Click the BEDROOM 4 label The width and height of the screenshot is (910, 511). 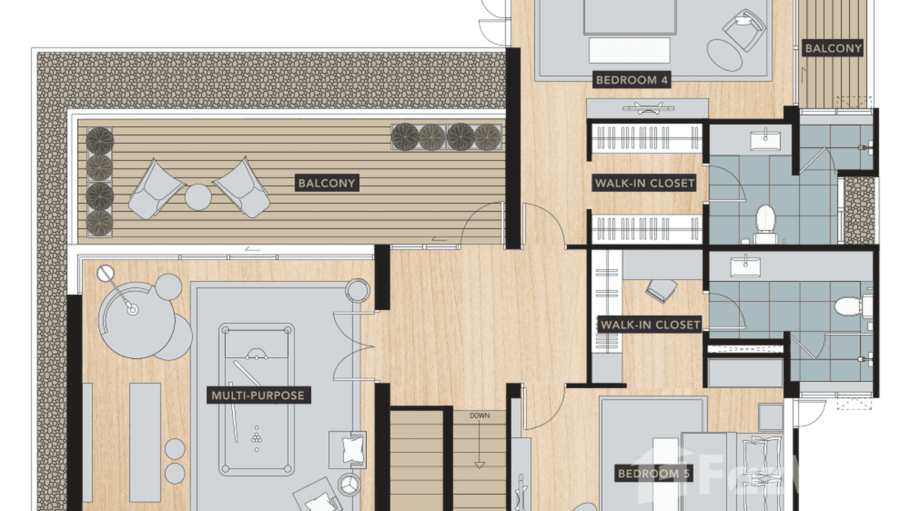click(631, 80)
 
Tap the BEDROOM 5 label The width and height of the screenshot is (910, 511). click(653, 473)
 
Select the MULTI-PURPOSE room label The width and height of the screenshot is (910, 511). click(258, 395)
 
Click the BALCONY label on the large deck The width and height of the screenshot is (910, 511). click(327, 183)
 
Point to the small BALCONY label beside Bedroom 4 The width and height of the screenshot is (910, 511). click(833, 49)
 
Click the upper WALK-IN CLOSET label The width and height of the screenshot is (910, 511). click(644, 183)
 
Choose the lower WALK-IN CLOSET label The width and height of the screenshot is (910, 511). click(650, 325)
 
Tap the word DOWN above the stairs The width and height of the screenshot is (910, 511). click(479, 415)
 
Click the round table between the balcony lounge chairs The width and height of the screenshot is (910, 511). click(198, 197)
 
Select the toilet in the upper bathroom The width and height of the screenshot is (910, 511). click(766, 224)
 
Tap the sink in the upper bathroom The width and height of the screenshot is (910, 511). click(766, 140)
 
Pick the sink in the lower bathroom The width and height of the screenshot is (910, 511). click(745, 266)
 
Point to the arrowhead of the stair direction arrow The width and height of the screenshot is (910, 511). click(480, 465)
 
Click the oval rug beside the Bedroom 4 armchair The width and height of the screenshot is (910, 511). click(725, 55)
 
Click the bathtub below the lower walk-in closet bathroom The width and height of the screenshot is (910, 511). click(745, 371)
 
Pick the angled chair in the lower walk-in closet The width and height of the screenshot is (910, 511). click(661, 290)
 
